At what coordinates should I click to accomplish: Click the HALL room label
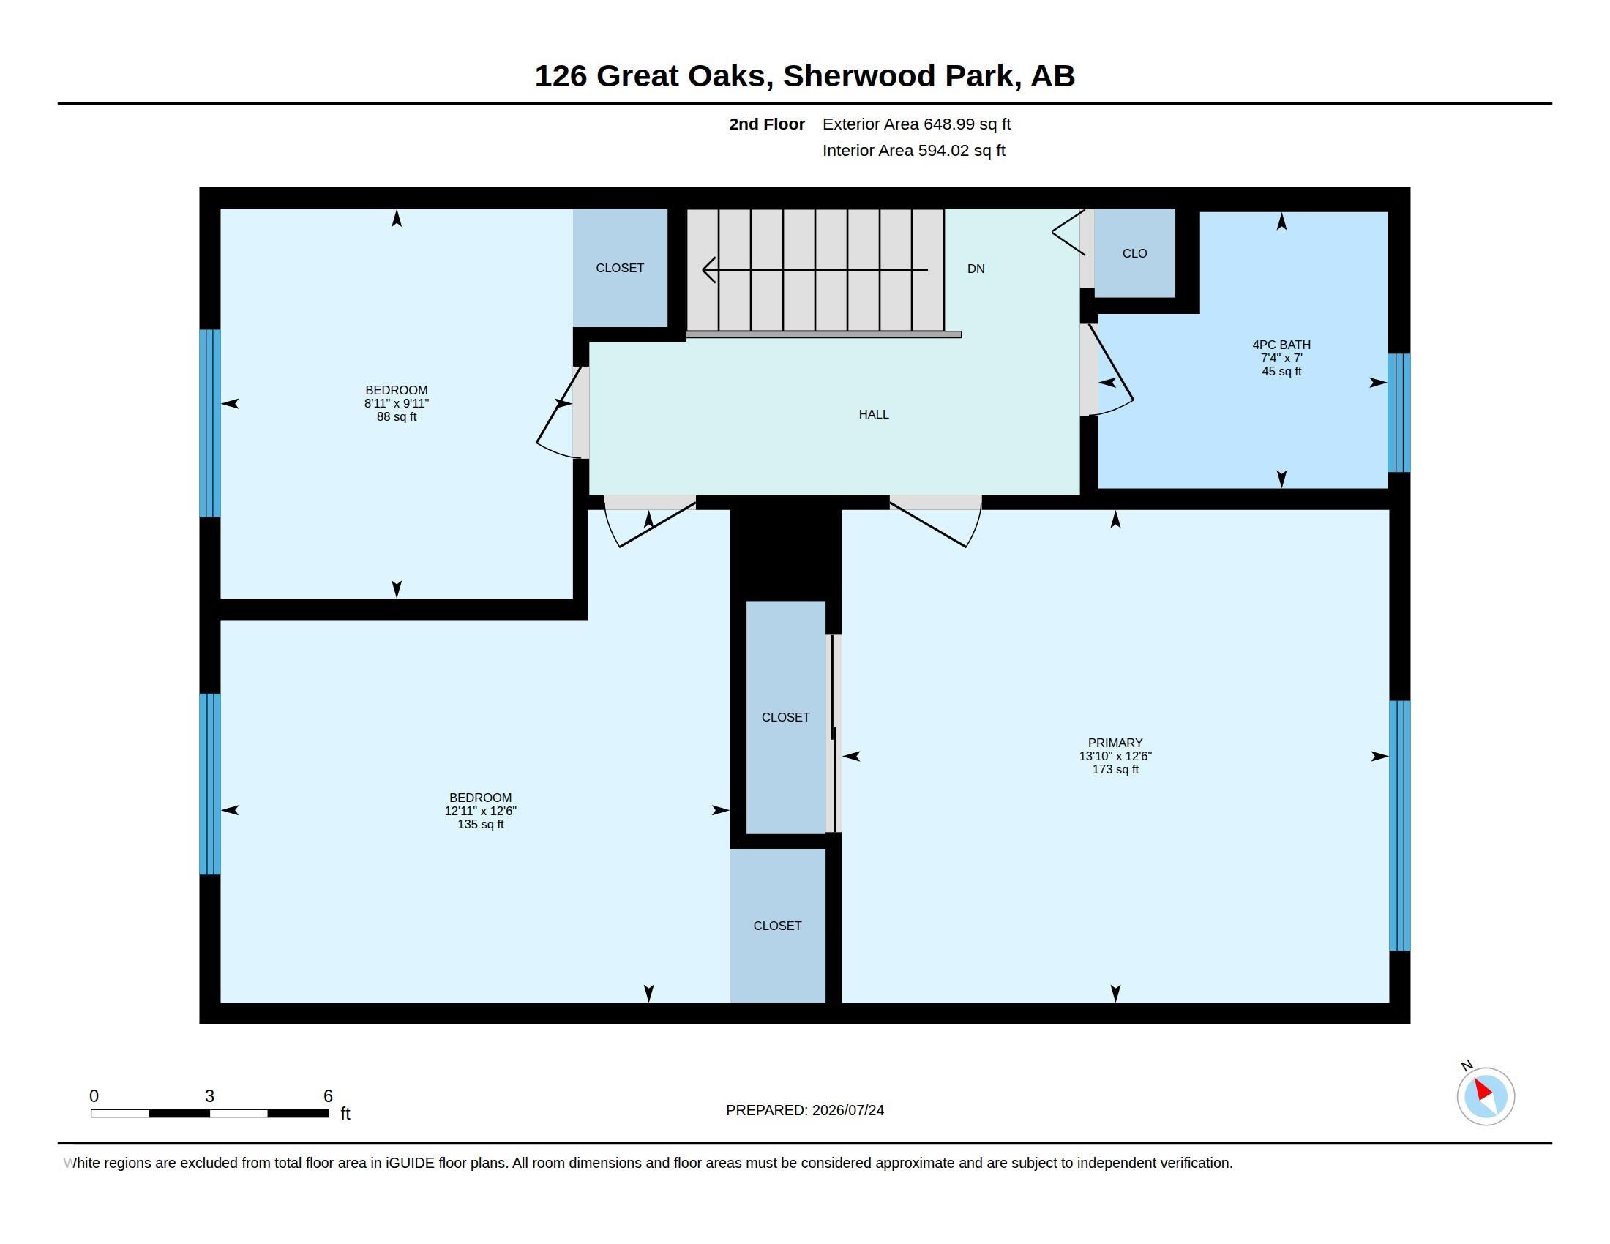[x=874, y=414]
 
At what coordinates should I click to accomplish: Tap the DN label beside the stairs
[x=976, y=269]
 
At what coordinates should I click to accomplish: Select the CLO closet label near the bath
[x=1134, y=253]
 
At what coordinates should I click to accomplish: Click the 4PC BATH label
[x=1281, y=344]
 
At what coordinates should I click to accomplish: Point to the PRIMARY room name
[x=1115, y=743]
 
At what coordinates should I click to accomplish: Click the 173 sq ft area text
[x=1115, y=769]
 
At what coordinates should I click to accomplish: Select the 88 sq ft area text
[x=397, y=417]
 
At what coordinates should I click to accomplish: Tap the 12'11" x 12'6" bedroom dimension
[x=481, y=811]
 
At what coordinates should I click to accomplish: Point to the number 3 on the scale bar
[x=209, y=1096]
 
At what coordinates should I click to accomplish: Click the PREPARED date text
[x=805, y=1110]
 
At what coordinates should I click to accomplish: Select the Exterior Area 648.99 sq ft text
[x=916, y=124]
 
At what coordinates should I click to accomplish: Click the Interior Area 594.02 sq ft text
[x=913, y=150]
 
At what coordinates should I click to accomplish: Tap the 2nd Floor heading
[x=767, y=124]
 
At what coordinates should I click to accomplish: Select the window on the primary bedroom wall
[x=1399, y=825]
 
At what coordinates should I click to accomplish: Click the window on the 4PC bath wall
[x=1399, y=413]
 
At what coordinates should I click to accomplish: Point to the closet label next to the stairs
[x=620, y=269]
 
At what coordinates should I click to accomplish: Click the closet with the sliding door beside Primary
[x=786, y=717]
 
